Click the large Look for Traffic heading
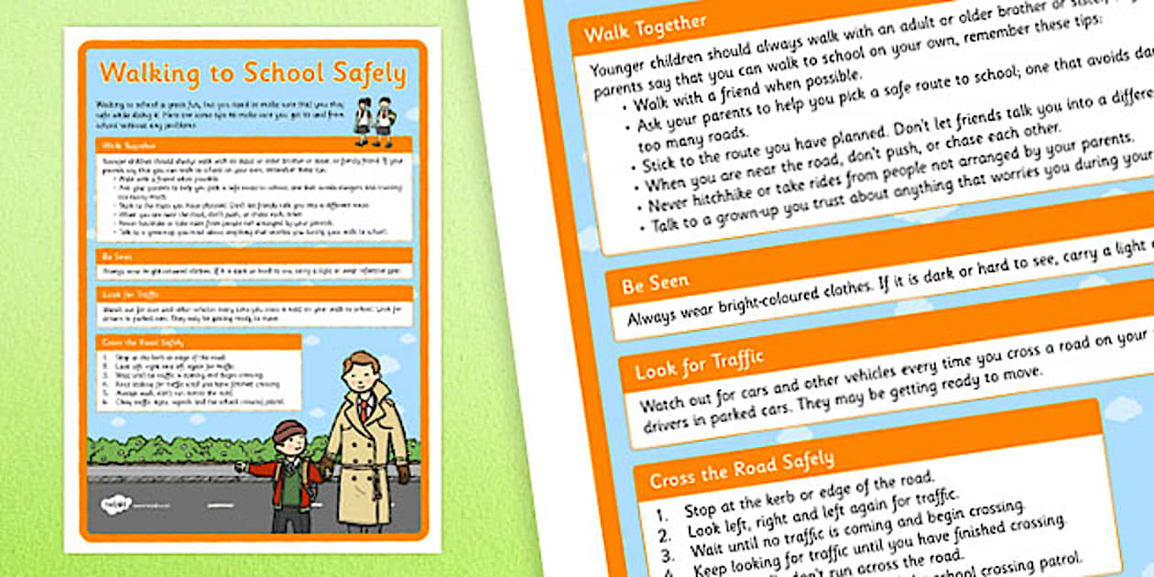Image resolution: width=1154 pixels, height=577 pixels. pos(699,365)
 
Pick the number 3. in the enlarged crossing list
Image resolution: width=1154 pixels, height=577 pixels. pos(668,552)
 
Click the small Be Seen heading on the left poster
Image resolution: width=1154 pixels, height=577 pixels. pos(112,256)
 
